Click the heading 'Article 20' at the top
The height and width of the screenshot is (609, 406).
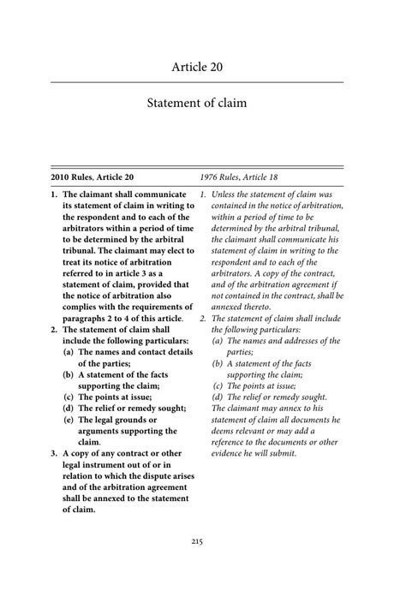coord(203,67)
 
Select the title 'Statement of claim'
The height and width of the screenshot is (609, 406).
coord(203,104)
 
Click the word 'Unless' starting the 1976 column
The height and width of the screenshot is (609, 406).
coord(226,194)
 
